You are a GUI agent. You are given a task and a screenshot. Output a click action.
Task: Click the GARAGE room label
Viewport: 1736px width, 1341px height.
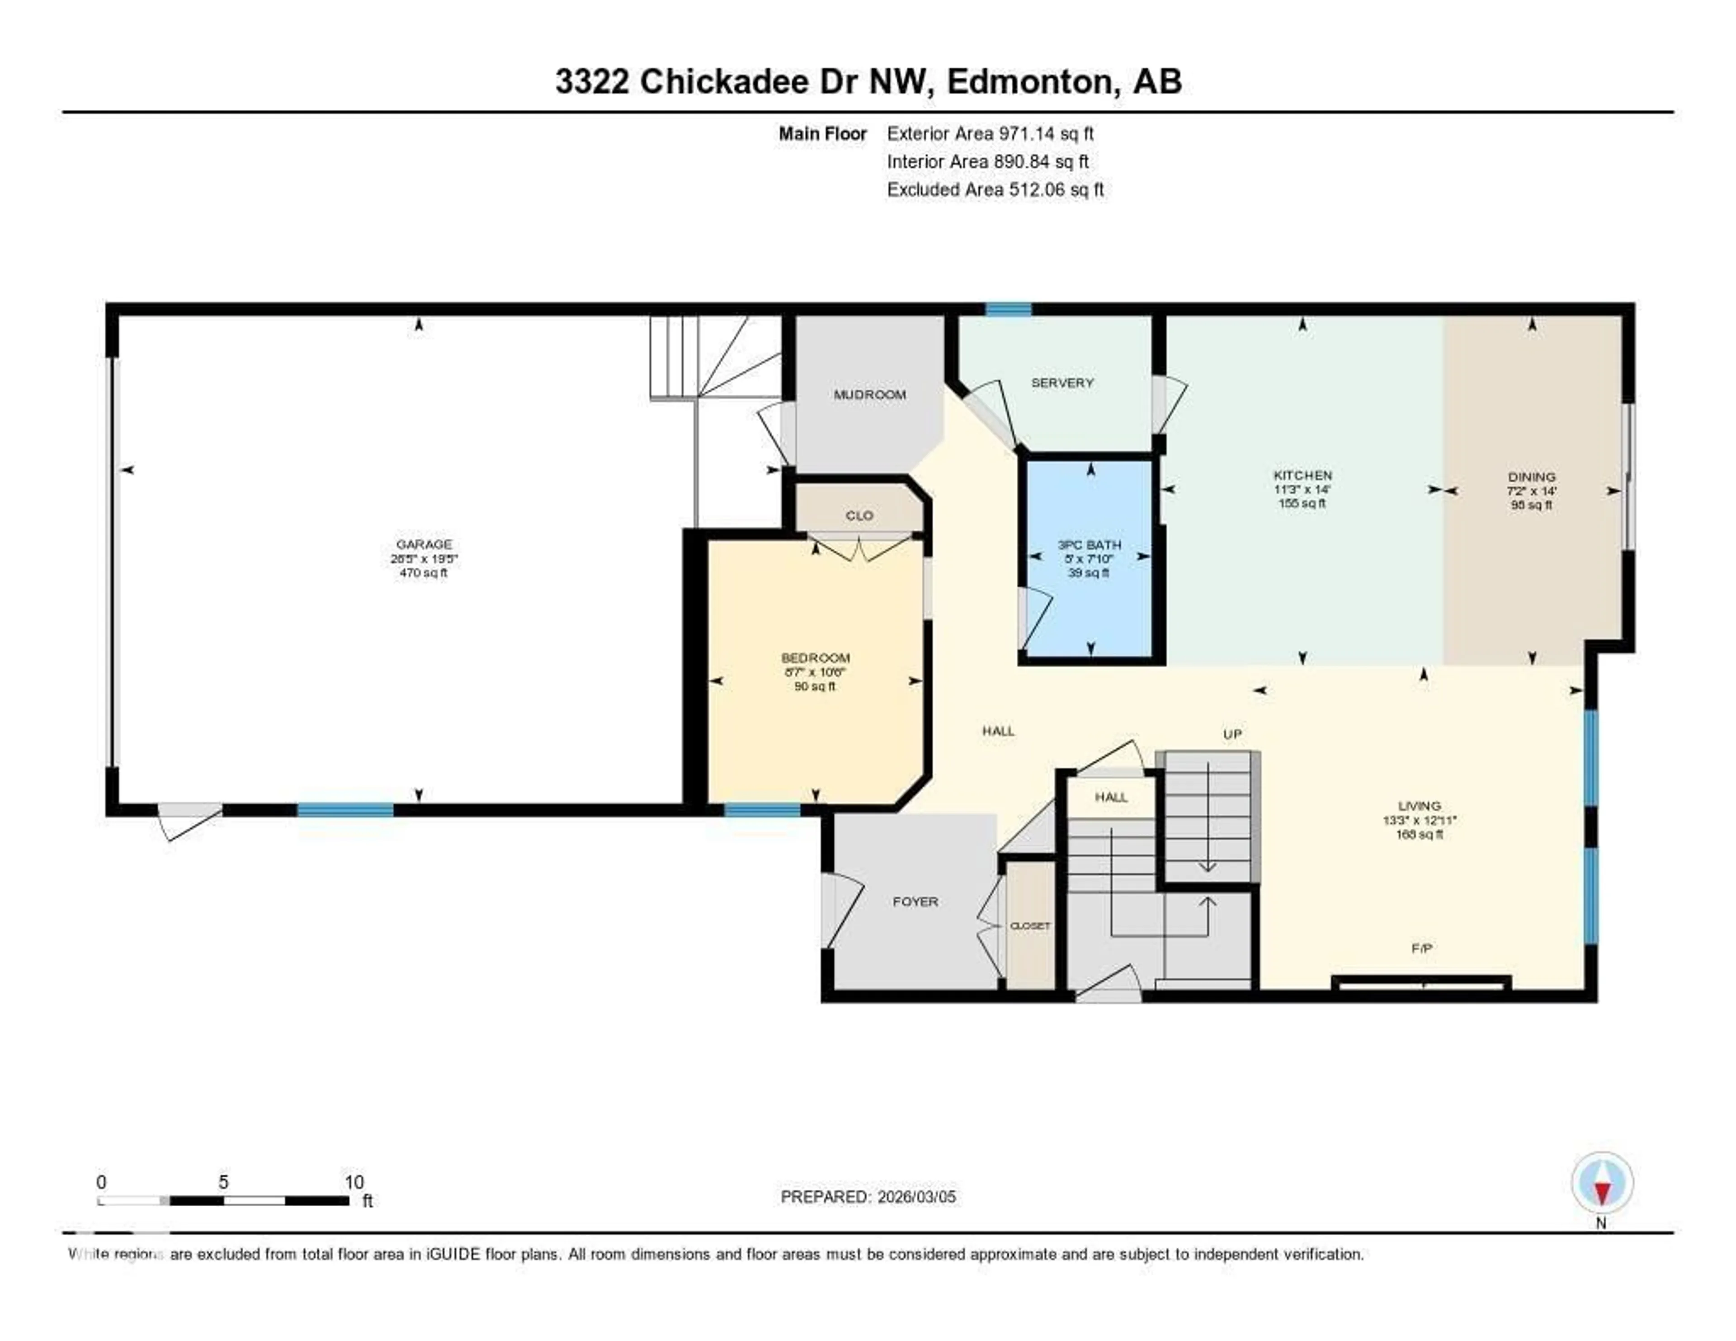424,544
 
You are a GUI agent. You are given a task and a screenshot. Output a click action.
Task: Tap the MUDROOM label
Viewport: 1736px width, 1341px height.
870,394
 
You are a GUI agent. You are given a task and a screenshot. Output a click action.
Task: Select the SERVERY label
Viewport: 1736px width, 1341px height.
1062,382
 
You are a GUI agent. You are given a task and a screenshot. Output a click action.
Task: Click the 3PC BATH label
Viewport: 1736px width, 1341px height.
1089,544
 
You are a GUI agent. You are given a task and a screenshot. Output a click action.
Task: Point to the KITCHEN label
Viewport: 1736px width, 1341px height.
1302,475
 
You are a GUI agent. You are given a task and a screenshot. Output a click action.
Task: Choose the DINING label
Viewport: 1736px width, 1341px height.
1531,477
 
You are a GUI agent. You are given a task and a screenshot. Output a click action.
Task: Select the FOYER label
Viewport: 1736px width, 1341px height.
915,902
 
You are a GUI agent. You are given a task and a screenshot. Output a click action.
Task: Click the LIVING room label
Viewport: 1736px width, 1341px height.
1420,805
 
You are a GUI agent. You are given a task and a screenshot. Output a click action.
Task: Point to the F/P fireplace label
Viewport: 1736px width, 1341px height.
1421,948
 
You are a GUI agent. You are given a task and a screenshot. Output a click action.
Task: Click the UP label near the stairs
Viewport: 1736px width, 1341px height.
1232,734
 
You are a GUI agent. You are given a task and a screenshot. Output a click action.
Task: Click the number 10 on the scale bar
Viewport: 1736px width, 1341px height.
354,1182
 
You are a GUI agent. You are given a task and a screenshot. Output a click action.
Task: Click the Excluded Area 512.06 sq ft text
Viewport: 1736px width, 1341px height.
995,189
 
